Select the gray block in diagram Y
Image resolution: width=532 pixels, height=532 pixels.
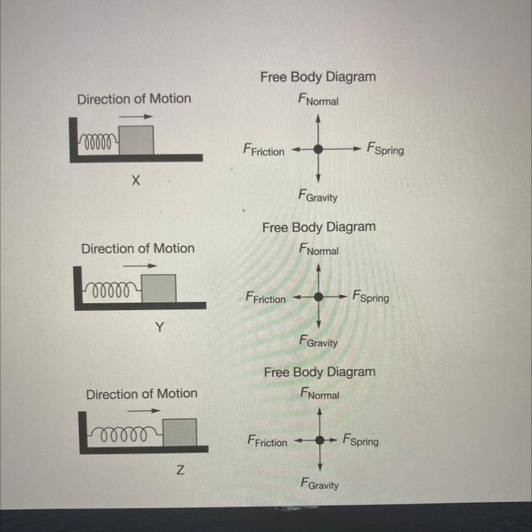158,287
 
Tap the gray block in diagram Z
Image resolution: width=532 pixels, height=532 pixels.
180,432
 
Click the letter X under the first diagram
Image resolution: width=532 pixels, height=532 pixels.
135,182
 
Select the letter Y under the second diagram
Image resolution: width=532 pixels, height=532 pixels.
160,327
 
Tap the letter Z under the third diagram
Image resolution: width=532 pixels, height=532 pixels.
181,472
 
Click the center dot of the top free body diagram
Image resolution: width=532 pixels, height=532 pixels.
318,149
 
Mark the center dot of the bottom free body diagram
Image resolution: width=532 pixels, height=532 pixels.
321,440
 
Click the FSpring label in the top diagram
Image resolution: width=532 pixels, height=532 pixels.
385,149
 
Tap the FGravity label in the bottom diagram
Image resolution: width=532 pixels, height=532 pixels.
319,484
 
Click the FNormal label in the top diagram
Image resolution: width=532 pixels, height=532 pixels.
318,101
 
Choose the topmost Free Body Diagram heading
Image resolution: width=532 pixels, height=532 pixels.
318,77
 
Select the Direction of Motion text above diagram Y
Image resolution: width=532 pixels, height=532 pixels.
138,248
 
